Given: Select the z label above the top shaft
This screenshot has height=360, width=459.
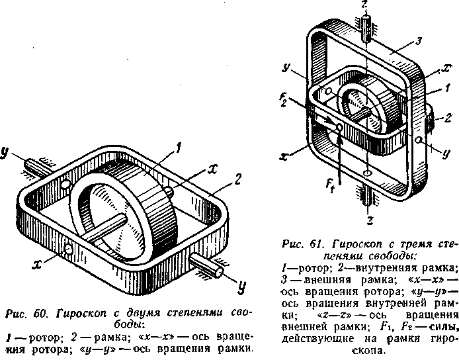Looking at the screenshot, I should coord(364,6).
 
